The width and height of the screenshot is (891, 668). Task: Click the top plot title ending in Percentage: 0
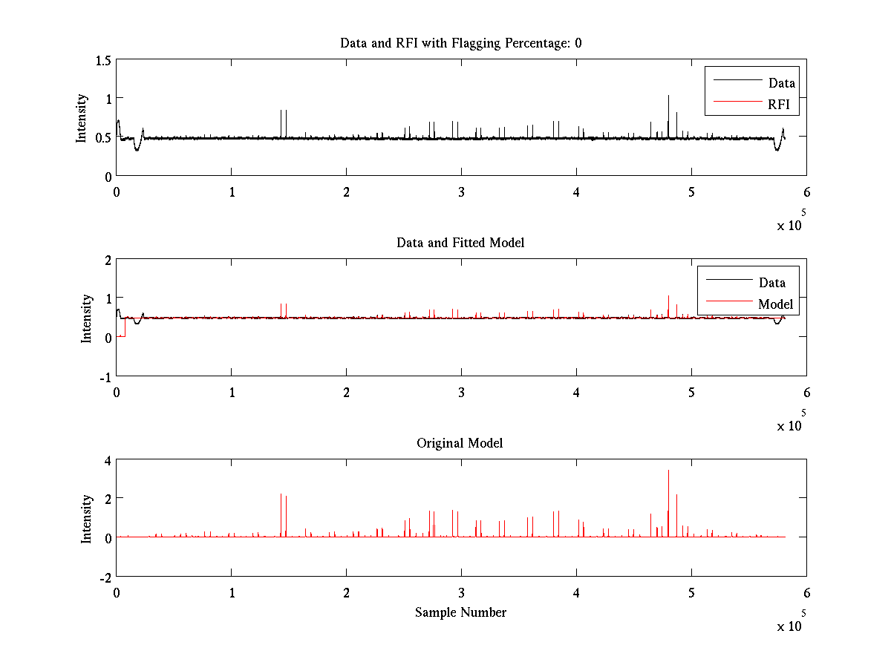(460, 43)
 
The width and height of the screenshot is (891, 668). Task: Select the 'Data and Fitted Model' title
(460, 243)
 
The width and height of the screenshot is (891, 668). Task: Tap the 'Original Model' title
(460, 443)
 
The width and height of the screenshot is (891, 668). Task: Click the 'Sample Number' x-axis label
(460, 612)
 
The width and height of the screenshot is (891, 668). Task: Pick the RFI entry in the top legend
(783, 105)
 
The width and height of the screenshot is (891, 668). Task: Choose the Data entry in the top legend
(782, 83)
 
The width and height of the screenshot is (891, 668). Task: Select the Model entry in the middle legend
(775, 304)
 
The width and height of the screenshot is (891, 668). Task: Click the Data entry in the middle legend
(772, 282)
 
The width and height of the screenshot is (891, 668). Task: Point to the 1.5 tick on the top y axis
(103, 59)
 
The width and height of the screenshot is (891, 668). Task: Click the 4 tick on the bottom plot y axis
(107, 460)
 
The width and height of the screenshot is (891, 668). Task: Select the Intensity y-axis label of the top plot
(82, 117)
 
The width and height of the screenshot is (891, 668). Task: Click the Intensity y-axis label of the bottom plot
(88, 518)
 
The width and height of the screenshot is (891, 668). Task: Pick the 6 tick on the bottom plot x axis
(806, 593)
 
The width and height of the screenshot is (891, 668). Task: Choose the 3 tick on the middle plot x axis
(461, 393)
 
